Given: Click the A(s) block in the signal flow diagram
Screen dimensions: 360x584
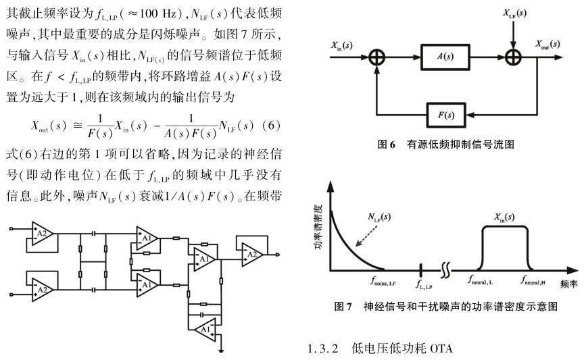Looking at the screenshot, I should (x=445, y=57).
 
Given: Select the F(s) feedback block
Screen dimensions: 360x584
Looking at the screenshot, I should (x=445, y=115).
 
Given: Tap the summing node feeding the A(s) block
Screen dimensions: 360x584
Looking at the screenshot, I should (x=376, y=57).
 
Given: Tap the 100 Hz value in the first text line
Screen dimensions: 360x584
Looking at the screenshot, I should (x=174, y=14).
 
